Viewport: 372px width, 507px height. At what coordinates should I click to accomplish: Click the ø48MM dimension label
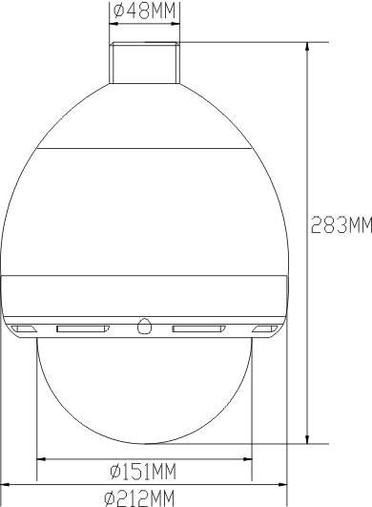pos(145,11)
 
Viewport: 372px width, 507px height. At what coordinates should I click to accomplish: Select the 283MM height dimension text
pos(341,225)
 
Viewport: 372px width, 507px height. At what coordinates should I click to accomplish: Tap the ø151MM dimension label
pos(143,471)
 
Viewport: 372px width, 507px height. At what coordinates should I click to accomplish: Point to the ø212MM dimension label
pos(139,498)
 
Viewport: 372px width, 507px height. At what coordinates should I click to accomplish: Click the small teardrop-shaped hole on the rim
pos(144,326)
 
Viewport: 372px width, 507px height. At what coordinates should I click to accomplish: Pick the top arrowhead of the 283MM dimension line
pos(307,47)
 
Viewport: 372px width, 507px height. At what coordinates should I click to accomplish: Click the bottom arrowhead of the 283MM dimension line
pos(307,439)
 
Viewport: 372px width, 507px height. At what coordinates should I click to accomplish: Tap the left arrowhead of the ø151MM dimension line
pos(41,459)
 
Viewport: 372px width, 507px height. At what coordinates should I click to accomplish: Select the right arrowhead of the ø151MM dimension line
pos(248,459)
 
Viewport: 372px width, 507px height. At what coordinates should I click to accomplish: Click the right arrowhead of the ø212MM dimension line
pos(282,484)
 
